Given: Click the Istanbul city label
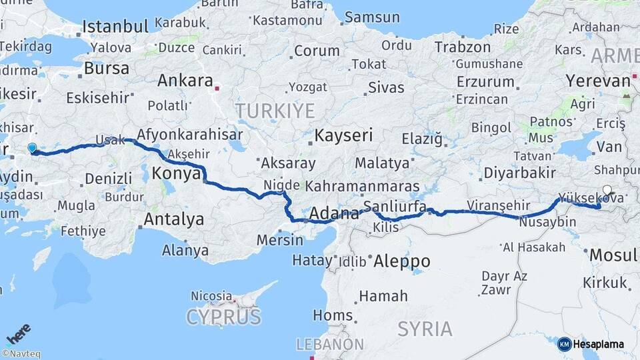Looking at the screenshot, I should point(115,27).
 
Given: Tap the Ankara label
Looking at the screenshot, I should point(185,81).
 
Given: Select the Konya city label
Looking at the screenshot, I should point(177,174).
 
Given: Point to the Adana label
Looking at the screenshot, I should point(335,214).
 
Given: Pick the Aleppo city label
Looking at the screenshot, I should point(401,261).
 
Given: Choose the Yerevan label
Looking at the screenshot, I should point(598,81).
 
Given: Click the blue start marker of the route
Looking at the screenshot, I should point(31,148).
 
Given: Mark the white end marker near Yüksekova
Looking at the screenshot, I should point(607,189).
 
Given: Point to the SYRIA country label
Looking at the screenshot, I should point(425,329).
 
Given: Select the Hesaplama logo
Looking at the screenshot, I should point(591,344).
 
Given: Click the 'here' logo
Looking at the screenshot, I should point(19,333).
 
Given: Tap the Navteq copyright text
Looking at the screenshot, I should point(21,354).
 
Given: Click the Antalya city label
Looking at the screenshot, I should point(173,219).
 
